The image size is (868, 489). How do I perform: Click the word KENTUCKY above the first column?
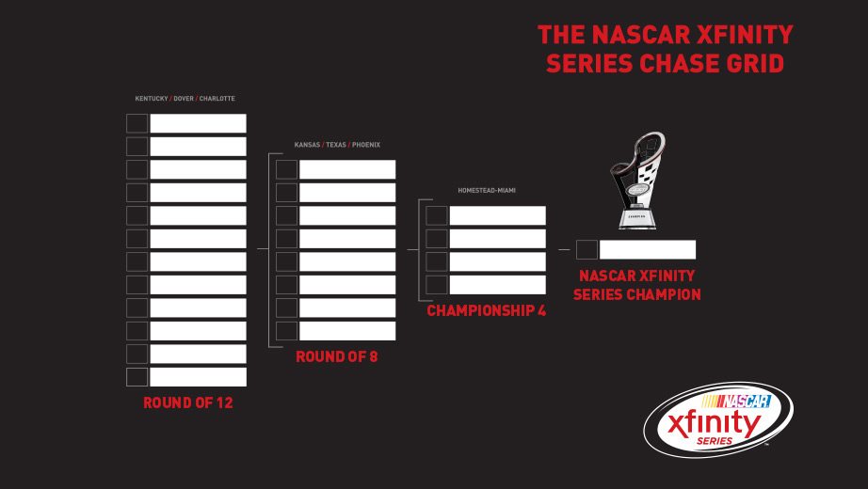(152, 99)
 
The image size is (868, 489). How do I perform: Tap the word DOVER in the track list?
(184, 99)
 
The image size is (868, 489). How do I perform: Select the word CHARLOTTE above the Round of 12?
(217, 99)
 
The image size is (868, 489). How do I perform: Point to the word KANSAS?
(307, 145)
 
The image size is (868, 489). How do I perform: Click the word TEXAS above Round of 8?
(336, 145)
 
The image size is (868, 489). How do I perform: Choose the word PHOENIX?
(366, 145)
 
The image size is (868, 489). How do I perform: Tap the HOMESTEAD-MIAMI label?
(487, 190)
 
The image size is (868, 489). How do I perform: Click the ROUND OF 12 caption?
(188, 402)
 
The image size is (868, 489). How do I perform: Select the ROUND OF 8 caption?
(337, 356)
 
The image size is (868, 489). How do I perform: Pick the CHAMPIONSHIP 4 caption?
(487, 311)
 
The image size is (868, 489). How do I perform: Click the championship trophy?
(637, 181)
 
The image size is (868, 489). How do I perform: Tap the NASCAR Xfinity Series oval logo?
(718, 419)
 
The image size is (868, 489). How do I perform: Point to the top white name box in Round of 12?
(199, 123)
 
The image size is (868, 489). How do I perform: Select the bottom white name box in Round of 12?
(199, 377)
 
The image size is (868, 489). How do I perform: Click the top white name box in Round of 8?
(347, 169)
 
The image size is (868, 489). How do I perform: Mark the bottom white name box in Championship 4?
(498, 285)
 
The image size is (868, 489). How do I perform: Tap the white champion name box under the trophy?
(648, 249)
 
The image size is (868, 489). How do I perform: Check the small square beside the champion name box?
(587, 249)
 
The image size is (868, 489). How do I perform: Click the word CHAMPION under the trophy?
(668, 294)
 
